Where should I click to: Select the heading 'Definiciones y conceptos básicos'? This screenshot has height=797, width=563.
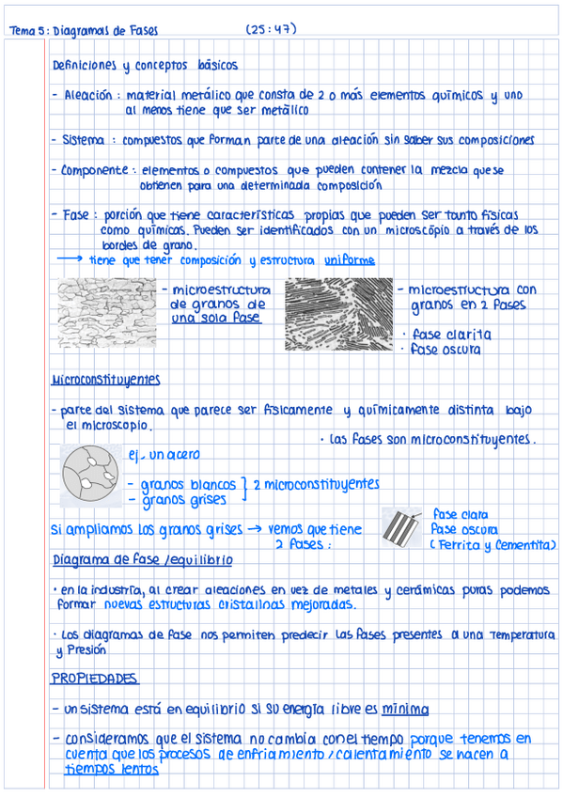145,66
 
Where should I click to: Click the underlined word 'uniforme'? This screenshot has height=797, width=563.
350,260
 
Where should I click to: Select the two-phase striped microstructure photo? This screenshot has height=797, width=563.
338,317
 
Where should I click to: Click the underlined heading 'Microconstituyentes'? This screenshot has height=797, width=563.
105,381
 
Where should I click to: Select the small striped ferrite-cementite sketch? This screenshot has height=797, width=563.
402,529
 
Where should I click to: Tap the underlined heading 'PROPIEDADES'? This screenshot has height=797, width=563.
94,678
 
